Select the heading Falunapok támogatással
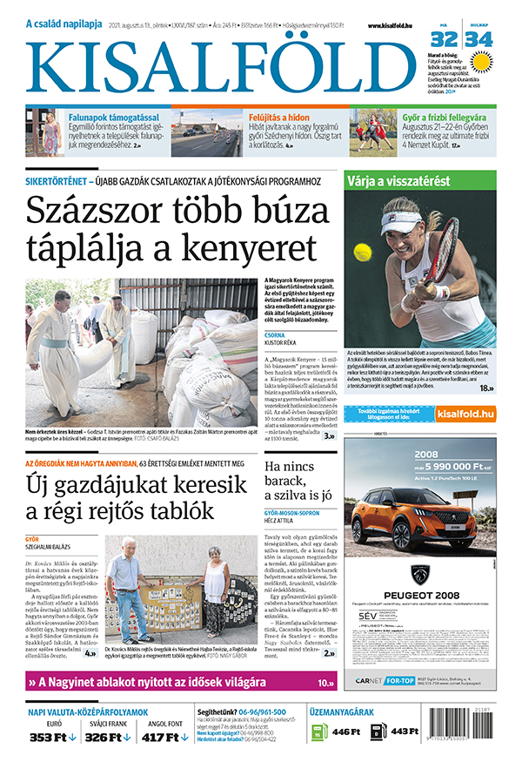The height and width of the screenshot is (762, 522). point(104,116)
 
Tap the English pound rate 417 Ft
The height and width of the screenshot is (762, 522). point(164,737)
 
